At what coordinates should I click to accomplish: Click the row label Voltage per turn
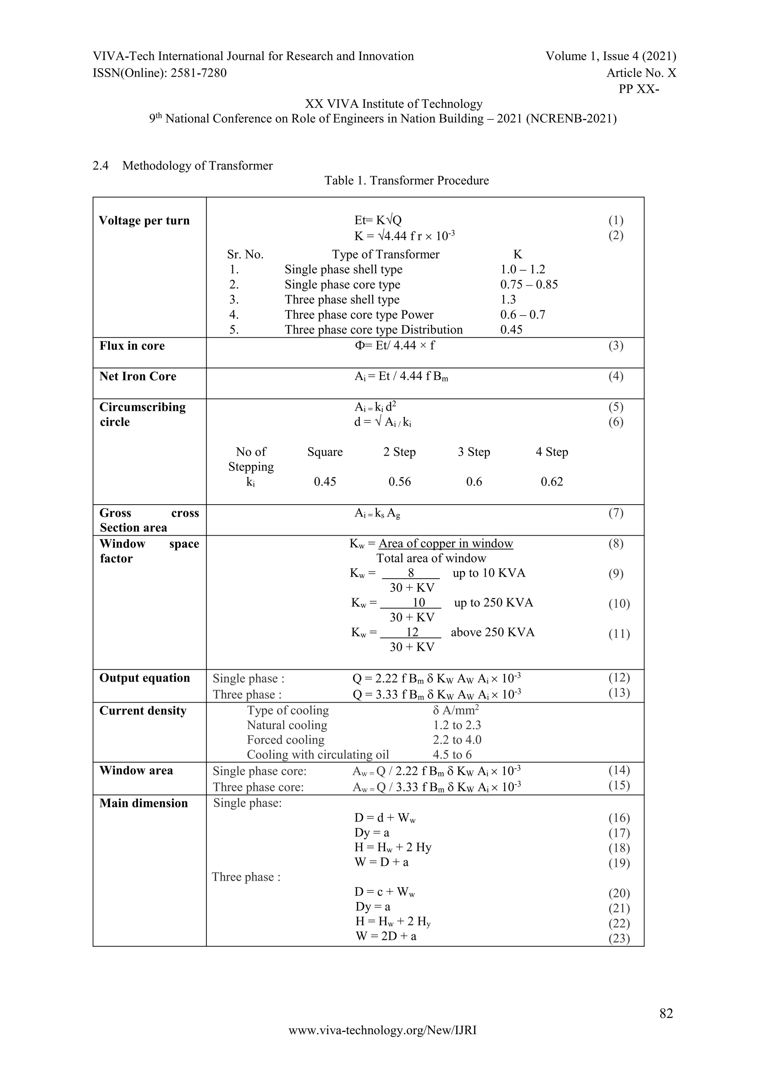tap(144, 220)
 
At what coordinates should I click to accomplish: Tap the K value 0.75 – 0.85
tap(529, 285)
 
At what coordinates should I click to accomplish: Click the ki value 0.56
tap(399, 482)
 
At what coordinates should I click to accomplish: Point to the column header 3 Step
tap(474, 452)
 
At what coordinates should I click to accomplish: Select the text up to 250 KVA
tap(493, 603)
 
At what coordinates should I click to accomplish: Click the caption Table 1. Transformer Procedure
tap(407, 180)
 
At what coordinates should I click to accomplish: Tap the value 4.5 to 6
tap(452, 755)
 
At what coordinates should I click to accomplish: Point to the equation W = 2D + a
tap(386, 936)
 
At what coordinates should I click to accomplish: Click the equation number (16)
tap(619, 818)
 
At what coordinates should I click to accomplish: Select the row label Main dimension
tap(143, 803)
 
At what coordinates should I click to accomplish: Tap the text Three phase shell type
tap(342, 300)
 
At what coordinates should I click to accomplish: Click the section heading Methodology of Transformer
tap(197, 166)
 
